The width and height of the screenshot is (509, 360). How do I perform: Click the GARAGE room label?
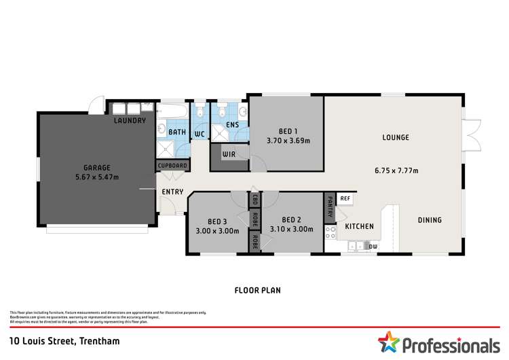[x=97, y=167]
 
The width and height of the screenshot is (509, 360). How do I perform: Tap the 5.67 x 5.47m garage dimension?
[x=97, y=177]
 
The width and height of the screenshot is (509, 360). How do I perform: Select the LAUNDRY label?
[x=130, y=121]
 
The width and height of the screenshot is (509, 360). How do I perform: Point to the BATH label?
[x=177, y=132]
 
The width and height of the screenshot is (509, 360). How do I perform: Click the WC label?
[x=200, y=134]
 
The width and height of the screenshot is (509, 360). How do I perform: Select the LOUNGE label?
[x=396, y=137]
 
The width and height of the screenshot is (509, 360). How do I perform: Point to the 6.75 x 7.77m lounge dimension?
[x=396, y=170]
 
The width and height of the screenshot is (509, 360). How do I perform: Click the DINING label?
[x=429, y=220]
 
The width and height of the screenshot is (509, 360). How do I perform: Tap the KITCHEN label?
[x=360, y=226]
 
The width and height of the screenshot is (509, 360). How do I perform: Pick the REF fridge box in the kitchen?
[x=345, y=198]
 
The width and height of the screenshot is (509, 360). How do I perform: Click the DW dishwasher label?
[x=373, y=246]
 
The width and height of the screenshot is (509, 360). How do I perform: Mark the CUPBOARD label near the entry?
[x=173, y=165]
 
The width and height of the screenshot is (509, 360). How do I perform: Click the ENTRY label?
[x=172, y=192]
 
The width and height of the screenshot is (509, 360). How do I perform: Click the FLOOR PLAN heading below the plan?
[x=257, y=290]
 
